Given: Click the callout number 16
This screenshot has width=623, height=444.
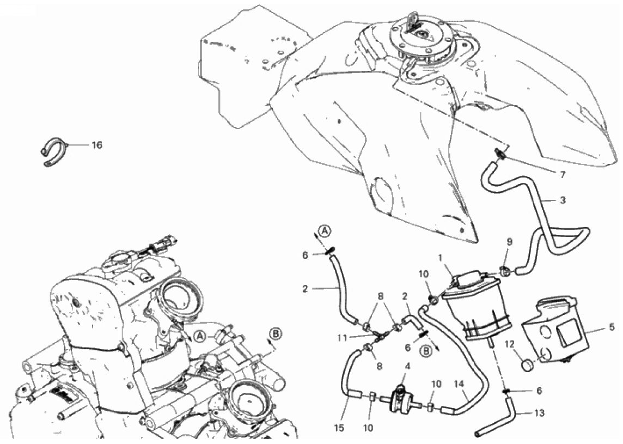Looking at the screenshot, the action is point(97,145).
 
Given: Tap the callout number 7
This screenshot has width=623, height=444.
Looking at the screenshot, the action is point(563,174).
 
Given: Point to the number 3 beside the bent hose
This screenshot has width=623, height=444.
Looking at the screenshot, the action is point(563,200).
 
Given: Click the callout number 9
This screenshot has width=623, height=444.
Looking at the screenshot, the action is point(510,242).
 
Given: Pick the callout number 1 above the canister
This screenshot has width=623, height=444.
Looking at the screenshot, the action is point(440,258).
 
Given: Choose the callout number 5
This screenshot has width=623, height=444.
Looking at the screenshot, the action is point(612,327).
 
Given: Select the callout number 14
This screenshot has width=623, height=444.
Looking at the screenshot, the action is point(460,385).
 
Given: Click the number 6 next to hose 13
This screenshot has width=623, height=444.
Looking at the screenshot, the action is point(539,391).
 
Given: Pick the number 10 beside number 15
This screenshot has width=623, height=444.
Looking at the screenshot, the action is point(368,428).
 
